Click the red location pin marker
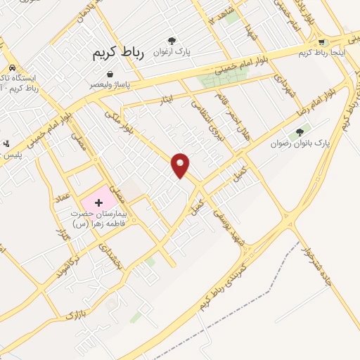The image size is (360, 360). (181, 165)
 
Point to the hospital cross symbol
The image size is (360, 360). (98, 202)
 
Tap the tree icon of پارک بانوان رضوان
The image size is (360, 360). (300, 131)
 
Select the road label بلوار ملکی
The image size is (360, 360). (117, 118)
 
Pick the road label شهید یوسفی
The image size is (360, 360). (232, 228)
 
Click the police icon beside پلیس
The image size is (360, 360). (6, 144)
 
